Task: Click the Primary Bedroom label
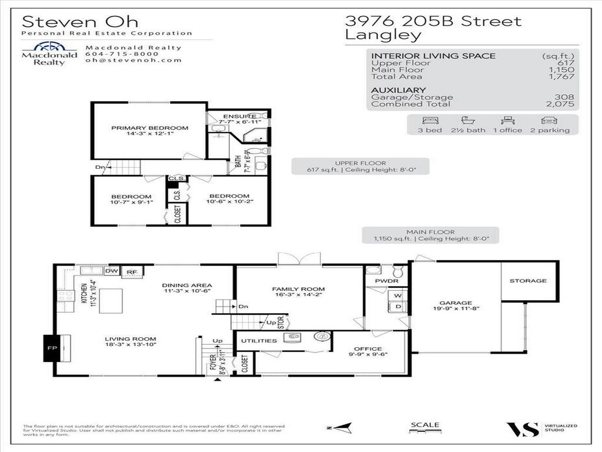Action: [150, 128]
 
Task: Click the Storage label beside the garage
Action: [528, 281]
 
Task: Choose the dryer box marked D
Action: [397, 307]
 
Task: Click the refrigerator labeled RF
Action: [132, 272]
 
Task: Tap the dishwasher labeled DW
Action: [112, 271]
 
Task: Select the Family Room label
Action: [298, 289]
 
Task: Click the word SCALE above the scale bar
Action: [424, 424]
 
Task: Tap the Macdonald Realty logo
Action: [49, 54]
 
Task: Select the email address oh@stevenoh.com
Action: [133, 60]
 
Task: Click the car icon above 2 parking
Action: [550, 120]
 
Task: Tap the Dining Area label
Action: [187, 285]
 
